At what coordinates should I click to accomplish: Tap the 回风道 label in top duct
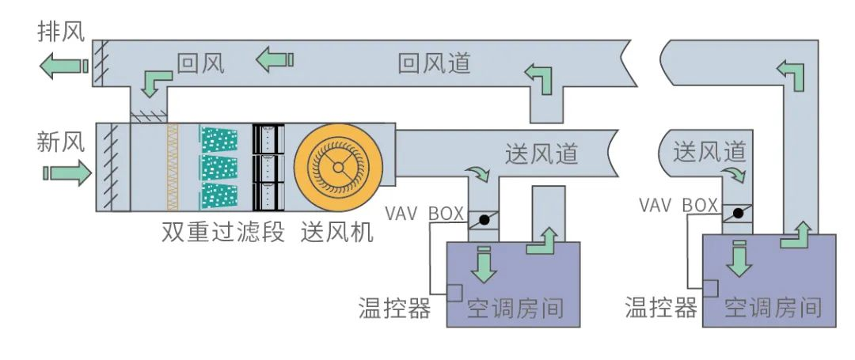coord(434,63)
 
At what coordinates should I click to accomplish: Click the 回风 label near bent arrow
coord(200,63)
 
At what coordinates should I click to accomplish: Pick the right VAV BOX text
coord(678,205)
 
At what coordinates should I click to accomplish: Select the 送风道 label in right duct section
coord(710,151)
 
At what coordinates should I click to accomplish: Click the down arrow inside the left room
coord(484,265)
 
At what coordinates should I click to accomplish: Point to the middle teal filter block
coord(219,167)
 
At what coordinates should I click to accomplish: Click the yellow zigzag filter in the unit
coord(173,167)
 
